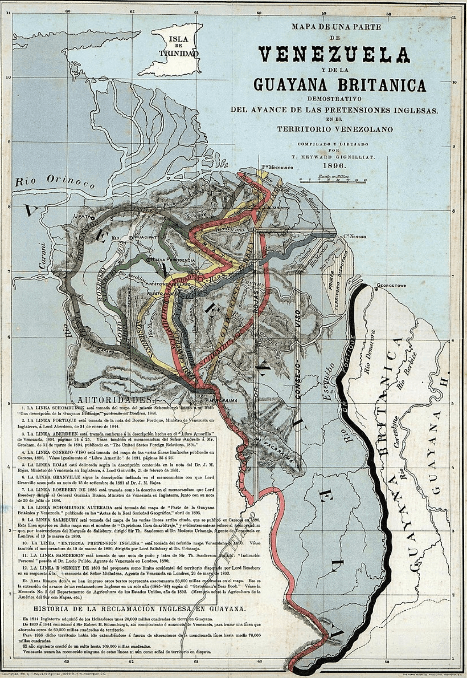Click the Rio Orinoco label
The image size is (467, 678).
click(54, 181)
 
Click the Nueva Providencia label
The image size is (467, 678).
click(172, 260)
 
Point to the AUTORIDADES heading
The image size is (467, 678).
click(114, 400)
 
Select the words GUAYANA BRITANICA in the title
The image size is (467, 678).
click(339, 85)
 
